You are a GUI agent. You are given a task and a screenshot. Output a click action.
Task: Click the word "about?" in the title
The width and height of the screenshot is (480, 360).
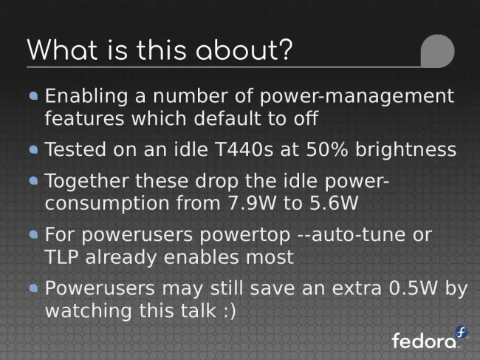click(x=244, y=50)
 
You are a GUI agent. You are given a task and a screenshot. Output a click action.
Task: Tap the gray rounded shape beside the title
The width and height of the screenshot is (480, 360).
click(x=437, y=51)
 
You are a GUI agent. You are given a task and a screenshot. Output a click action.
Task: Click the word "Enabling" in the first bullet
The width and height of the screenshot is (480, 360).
click(x=86, y=97)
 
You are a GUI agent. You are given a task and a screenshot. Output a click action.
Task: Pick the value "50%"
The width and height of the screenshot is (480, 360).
click(x=327, y=149)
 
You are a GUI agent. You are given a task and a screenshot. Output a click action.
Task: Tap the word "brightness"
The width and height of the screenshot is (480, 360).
click(x=405, y=149)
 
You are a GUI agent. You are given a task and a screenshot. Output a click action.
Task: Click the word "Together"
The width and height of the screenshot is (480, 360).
click(x=86, y=181)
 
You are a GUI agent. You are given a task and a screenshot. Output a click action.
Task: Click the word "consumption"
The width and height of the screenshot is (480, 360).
click(x=107, y=204)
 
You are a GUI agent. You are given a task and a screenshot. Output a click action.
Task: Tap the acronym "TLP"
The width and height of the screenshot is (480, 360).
click(x=61, y=257)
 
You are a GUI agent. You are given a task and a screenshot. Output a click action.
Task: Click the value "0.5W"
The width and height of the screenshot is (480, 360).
click(x=414, y=288)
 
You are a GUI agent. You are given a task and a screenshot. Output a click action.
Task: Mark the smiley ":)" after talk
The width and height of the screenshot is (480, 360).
click(x=230, y=311)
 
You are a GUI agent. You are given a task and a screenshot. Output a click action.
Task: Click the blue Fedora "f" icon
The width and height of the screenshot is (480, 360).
click(x=461, y=332)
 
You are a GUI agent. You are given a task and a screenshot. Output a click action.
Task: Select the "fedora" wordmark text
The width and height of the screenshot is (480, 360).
click(x=424, y=340)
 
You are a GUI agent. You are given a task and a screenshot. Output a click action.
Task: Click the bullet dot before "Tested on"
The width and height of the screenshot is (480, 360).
click(x=34, y=149)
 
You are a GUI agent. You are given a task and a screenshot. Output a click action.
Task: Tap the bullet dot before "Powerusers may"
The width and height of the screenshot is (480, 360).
click(x=34, y=288)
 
